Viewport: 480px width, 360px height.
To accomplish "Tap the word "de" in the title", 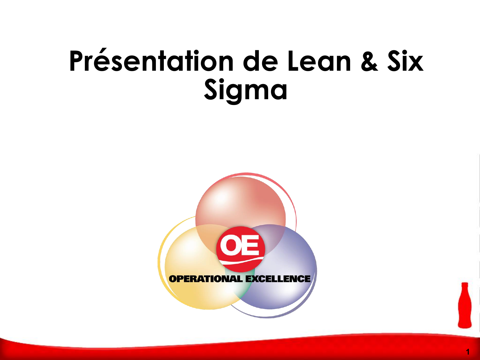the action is pos(260,61).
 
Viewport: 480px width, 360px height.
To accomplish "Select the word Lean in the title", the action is pos(319,61).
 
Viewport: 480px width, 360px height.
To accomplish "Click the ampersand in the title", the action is pos(369,61).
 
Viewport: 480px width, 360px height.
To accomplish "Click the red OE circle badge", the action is pos(241,249).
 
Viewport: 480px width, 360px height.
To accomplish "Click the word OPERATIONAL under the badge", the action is pos(206,279).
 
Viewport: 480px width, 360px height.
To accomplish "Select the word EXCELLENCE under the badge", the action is pos(278,279).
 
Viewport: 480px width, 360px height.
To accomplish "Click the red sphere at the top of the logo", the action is pos(241,203).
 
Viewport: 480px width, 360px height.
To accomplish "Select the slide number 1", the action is pos(468,352).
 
